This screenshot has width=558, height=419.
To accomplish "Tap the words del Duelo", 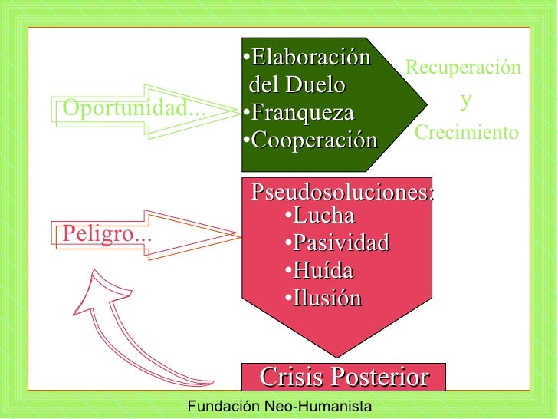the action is point(297,85).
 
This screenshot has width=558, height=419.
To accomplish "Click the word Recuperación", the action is point(463,68).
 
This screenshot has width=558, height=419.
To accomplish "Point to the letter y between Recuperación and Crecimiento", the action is point(466,100).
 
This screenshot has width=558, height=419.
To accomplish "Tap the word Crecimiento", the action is point(466,133).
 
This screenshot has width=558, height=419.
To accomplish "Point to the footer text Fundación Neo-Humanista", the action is point(280,406).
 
